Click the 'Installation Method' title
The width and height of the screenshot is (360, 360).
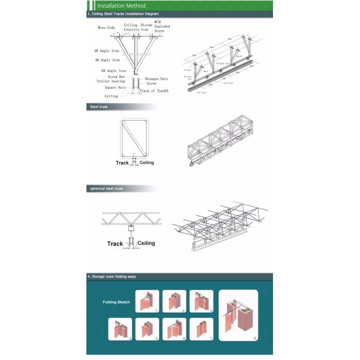click(121, 5)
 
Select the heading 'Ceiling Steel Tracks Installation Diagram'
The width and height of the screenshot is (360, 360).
click(124, 13)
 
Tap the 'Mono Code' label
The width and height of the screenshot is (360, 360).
click(106, 28)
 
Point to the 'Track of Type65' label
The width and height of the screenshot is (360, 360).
click(154, 91)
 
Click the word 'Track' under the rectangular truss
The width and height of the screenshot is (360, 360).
click(122, 163)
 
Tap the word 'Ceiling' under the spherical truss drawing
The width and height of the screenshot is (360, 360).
click(146, 243)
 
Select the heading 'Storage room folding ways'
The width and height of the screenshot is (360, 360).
click(117, 277)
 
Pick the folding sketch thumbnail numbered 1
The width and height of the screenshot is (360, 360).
click(147, 301)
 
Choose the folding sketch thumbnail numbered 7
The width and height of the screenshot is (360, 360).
click(201, 328)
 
